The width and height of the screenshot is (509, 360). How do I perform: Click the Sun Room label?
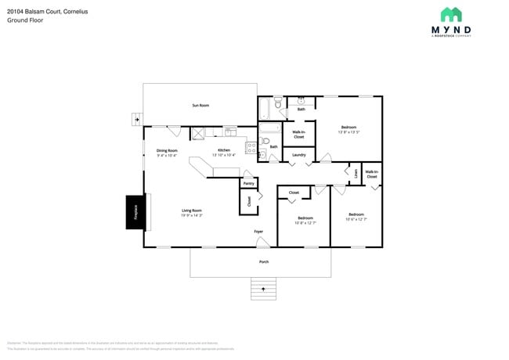click(x=200, y=105)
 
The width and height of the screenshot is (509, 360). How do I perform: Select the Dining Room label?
click(x=167, y=150)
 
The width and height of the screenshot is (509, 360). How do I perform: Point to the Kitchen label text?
click(x=224, y=150)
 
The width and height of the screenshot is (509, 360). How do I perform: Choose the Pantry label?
click(x=248, y=184)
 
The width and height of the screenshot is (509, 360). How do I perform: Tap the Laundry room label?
click(x=298, y=155)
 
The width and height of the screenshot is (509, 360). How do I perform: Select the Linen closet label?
click(x=356, y=174)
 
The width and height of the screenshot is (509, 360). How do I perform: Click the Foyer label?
click(x=258, y=232)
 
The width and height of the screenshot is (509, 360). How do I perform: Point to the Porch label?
click(x=264, y=261)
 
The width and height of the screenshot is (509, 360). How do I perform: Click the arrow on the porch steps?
click(x=264, y=290)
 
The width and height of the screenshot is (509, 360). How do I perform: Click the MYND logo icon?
click(x=450, y=14)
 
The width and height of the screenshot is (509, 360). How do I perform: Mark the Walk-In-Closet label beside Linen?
click(x=371, y=174)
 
